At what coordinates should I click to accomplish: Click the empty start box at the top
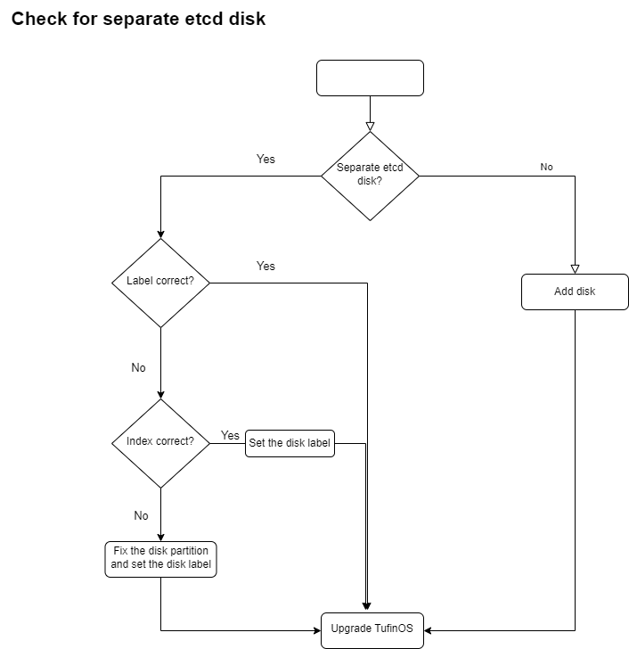370,78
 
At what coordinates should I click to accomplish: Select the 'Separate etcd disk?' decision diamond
370,176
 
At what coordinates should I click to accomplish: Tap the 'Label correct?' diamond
160,283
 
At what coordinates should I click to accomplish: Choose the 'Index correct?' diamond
160,443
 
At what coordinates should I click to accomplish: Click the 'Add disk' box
575,292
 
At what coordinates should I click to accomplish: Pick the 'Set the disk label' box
290,443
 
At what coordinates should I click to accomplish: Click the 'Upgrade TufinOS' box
372,630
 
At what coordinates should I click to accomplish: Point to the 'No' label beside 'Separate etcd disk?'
546,167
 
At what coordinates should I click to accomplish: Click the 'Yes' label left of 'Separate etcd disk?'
265,159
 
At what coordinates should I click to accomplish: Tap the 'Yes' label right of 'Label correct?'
265,266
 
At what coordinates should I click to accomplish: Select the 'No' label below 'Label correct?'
138,367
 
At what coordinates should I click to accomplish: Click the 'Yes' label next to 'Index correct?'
230,435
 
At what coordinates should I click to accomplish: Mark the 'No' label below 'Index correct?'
141,515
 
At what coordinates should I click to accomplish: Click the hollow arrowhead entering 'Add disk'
575,269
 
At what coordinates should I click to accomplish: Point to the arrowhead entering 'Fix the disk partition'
160,538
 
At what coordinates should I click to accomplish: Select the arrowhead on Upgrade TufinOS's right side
428,630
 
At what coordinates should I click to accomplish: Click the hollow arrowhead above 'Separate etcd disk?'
370,127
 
